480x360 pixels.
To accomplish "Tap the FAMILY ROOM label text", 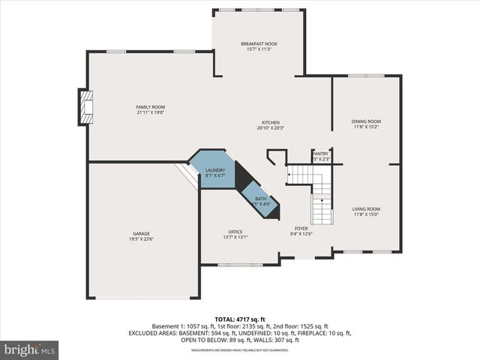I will tap(150, 107).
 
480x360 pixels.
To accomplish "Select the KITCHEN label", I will tap(270, 122).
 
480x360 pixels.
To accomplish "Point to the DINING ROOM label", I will tap(366, 121).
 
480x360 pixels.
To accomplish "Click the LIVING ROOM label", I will tap(366, 208).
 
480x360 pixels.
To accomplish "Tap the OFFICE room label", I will tap(235, 232).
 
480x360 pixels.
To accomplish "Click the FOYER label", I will tap(301, 228).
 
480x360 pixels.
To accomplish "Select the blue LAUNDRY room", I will tap(214, 171).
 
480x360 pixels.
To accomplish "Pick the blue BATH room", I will tap(260, 199).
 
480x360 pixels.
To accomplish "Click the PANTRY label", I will tap(320, 153).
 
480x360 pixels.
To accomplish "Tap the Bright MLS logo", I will tap(30, 349).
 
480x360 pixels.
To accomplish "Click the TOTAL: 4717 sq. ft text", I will tap(240, 319).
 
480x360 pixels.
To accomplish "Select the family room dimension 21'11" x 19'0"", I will tap(150, 113).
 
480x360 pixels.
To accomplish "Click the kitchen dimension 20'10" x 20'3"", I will tap(270, 128).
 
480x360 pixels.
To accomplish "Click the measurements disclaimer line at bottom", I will tap(240, 350).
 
